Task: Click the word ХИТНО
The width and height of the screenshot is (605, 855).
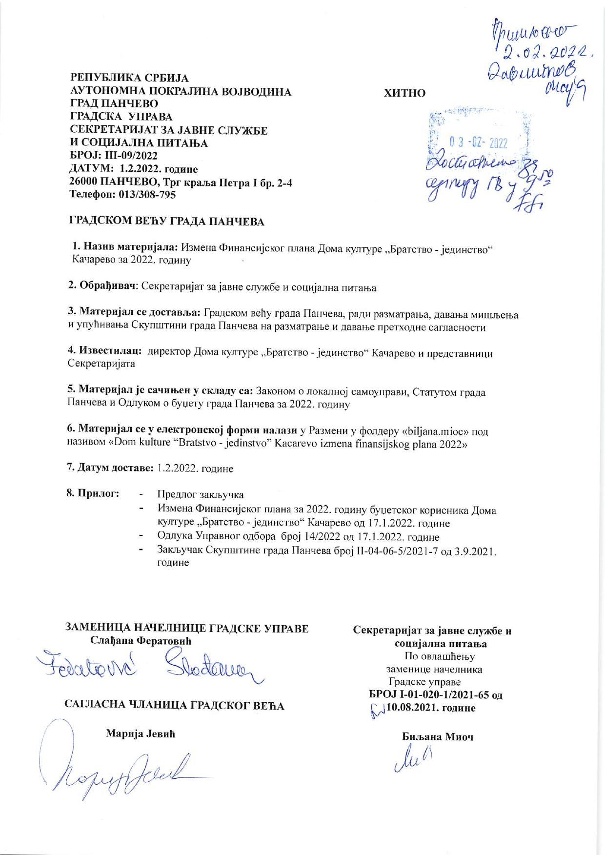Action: click(405, 93)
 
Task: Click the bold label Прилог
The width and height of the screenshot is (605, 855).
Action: click(96, 493)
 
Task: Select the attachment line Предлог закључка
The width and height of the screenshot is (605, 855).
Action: click(200, 495)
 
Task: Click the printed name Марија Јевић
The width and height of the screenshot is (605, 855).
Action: click(140, 734)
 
